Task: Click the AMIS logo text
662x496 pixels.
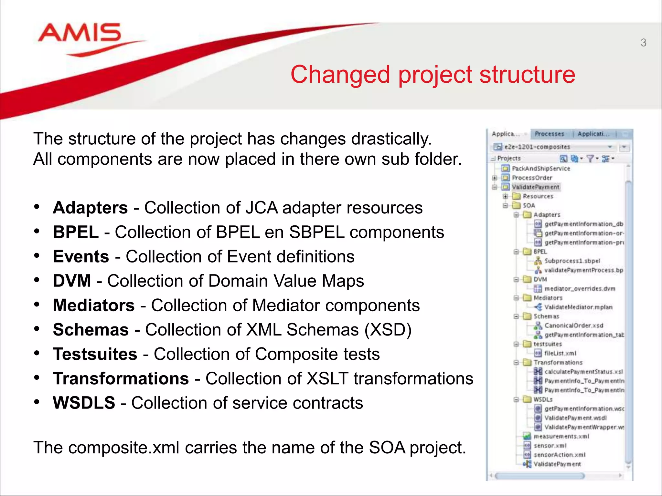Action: click(x=80, y=33)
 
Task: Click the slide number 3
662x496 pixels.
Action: click(x=643, y=43)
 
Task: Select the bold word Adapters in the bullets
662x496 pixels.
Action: click(x=90, y=208)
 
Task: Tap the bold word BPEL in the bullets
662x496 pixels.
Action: click(x=76, y=232)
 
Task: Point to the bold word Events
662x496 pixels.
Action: click(x=81, y=257)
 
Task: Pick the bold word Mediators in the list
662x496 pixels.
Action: click(x=94, y=305)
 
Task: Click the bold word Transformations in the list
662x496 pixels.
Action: click(x=121, y=378)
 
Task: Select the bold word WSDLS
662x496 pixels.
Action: click(x=84, y=403)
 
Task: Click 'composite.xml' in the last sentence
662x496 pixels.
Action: click(x=124, y=448)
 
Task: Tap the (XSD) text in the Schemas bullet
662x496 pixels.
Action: click(x=388, y=330)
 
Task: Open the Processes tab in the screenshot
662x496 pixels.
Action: click(x=549, y=134)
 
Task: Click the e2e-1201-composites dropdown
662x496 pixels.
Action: click(x=553, y=147)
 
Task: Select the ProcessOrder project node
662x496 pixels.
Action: click(x=532, y=178)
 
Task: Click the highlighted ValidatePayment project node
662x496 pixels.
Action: click(x=535, y=187)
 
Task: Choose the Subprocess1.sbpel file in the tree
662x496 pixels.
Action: click(x=572, y=261)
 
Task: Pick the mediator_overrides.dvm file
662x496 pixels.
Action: click(x=580, y=289)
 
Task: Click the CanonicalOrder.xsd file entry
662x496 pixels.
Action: click(x=574, y=325)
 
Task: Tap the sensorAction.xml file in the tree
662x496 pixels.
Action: click(x=559, y=455)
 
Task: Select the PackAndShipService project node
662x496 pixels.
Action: click(x=541, y=168)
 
